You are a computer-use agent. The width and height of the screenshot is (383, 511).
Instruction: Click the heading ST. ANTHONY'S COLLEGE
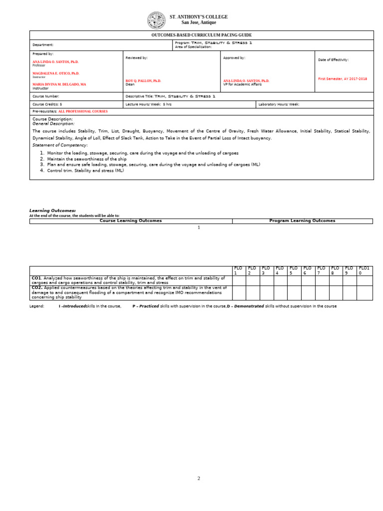click(198, 17)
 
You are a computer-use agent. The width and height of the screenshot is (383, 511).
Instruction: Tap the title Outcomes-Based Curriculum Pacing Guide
click(201, 35)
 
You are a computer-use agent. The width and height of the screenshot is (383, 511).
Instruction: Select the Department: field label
click(43, 45)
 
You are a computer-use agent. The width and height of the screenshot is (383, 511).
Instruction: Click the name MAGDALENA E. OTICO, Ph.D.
click(55, 73)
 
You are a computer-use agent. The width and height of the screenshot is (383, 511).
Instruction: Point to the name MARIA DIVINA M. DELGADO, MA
click(59, 84)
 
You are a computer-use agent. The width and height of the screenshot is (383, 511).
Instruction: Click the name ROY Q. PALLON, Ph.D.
click(143, 80)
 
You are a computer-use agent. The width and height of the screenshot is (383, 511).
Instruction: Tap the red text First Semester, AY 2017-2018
click(342, 79)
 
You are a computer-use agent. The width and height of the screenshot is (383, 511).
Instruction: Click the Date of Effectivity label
click(333, 60)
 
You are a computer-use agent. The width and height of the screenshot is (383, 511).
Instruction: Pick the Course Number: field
click(46, 96)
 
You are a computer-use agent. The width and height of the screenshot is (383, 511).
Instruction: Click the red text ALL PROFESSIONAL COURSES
click(83, 111)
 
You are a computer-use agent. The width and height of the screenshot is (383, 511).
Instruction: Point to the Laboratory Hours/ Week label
click(279, 104)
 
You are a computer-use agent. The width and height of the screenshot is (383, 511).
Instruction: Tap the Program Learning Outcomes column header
click(302, 221)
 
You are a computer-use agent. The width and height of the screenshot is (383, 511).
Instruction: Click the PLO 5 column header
click(294, 270)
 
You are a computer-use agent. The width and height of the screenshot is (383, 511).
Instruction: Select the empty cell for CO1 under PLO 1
click(239, 280)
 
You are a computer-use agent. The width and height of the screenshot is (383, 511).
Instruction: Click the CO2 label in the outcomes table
click(36, 287)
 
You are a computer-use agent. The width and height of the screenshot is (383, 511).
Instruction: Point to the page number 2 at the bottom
click(198, 478)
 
